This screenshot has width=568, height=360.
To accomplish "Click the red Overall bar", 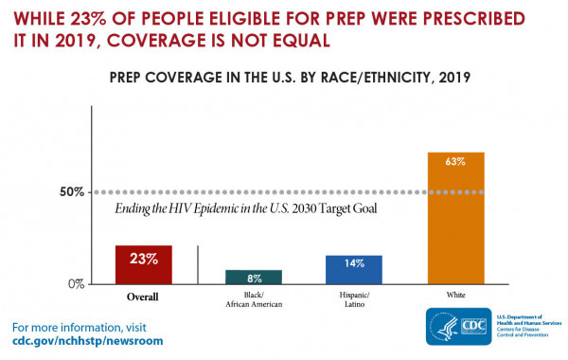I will click(143, 264).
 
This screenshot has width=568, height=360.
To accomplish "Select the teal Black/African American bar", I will click(253, 277).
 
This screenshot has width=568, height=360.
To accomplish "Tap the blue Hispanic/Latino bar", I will click(354, 269).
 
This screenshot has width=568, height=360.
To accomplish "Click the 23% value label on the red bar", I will click(143, 257).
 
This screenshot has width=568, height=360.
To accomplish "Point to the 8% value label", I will click(253, 279).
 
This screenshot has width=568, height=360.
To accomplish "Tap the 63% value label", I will click(456, 162).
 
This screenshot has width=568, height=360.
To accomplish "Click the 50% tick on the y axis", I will click(71, 192).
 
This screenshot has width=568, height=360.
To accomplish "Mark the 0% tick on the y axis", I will click(76, 283).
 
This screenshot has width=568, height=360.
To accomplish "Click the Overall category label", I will click(143, 297).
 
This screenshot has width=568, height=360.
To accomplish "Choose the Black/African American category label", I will click(253, 300).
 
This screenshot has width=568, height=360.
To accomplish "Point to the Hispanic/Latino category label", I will click(354, 300).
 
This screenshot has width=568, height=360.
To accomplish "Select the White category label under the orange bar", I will click(456, 296).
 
